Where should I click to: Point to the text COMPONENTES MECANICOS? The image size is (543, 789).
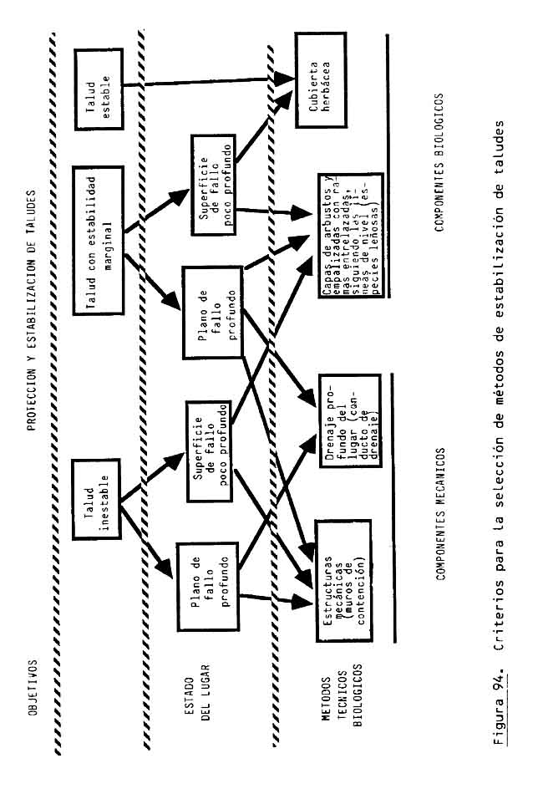[439, 513]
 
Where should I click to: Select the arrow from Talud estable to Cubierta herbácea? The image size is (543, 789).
[209, 80]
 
